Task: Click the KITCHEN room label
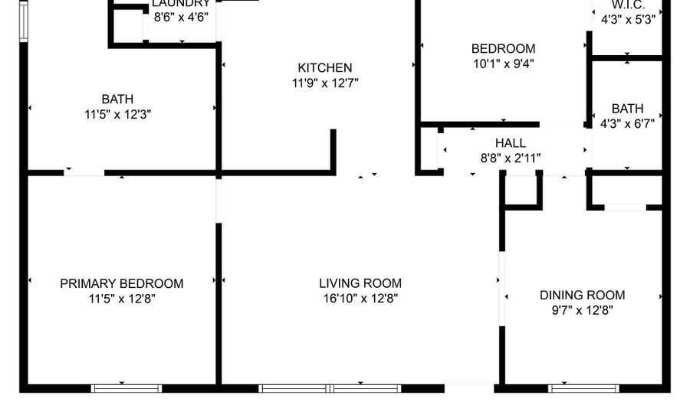click(x=325, y=68)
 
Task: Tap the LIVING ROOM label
click(x=360, y=283)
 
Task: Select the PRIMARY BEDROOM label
click(x=122, y=283)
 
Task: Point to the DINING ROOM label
click(x=583, y=295)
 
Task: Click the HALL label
click(x=511, y=143)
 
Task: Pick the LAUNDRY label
click(x=181, y=4)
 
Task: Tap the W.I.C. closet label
click(x=628, y=4)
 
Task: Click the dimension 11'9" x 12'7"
click(x=325, y=83)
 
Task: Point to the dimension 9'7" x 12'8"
click(x=583, y=310)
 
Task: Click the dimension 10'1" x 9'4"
click(x=503, y=64)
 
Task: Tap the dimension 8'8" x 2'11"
click(x=511, y=158)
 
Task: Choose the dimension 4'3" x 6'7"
click(x=627, y=122)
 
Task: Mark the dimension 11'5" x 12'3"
click(x=117, y=114)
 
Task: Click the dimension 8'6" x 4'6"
click(x=181, y=16)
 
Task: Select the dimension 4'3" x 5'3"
click(x=628, y=20)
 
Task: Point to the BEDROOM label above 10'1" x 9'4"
click(x=503, y=49)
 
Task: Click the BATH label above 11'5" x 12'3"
click(x=117, y=99)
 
